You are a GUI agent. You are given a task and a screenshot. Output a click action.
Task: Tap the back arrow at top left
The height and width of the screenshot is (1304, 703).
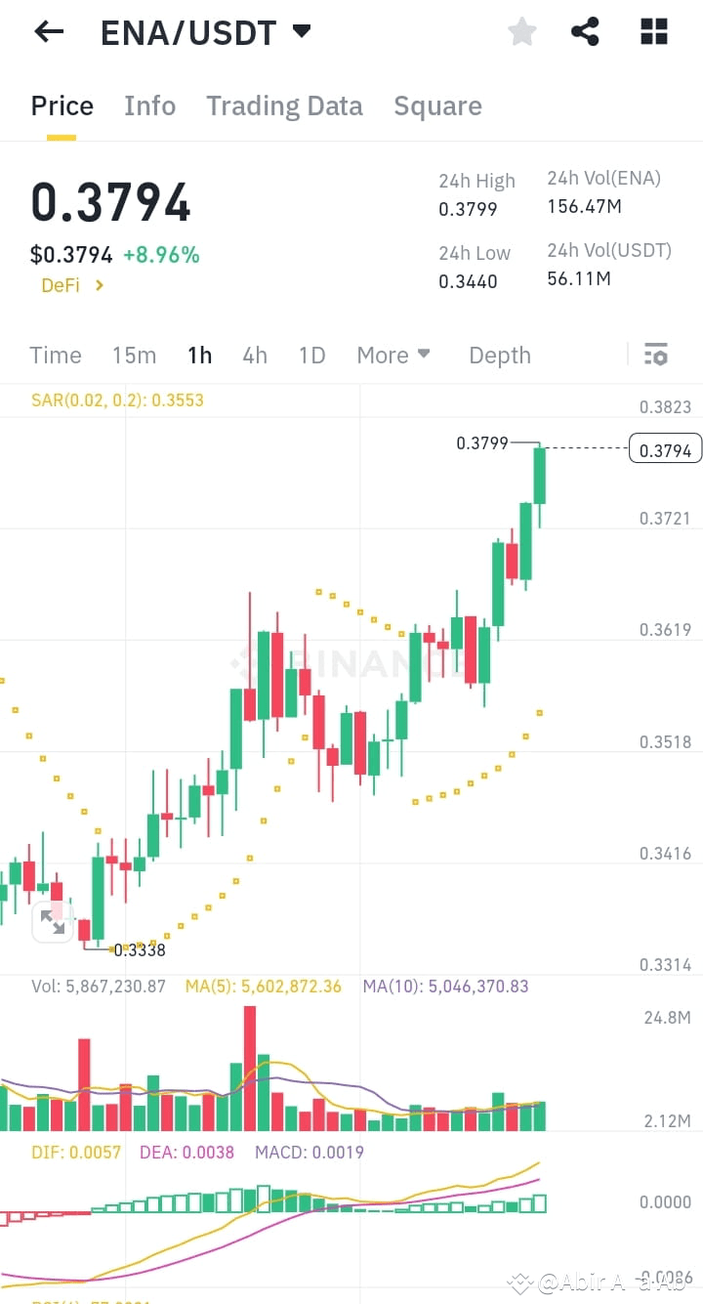point(48,32)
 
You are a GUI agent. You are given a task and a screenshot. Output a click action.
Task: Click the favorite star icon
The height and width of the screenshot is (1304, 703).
point(522,32)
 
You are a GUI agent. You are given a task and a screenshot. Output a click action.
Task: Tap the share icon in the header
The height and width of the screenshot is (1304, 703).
point(585,32)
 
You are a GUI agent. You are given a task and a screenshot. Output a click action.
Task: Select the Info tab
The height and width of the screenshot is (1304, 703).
point(149,105)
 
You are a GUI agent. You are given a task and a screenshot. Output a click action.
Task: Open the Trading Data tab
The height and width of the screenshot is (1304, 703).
point(284,105)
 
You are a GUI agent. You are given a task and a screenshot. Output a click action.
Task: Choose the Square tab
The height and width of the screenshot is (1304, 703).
point(437,105)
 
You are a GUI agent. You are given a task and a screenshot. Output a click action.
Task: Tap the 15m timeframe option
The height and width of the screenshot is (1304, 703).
point(134,356)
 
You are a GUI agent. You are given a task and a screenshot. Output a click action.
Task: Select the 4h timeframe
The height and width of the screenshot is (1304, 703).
point(255,356)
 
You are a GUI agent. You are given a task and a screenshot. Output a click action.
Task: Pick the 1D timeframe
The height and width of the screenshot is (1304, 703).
point(311,356)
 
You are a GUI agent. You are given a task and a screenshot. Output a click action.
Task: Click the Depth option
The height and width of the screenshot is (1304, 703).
point(500,356)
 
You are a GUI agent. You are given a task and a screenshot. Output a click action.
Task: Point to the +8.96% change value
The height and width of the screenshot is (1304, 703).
point(161,256)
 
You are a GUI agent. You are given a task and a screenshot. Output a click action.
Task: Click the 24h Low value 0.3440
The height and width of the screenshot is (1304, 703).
point(468,281)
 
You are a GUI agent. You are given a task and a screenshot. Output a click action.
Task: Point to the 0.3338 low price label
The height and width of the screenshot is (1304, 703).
point(140,949)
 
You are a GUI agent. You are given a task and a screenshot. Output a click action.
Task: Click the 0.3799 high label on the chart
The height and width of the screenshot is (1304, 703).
point(482,443)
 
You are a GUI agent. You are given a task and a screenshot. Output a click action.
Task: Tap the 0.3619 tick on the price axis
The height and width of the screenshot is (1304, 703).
point(665,630)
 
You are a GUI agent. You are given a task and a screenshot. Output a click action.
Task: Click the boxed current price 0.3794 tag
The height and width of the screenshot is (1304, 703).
point(666,449)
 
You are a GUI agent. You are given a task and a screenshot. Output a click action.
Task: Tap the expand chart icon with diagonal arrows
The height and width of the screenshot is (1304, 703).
point(53,922)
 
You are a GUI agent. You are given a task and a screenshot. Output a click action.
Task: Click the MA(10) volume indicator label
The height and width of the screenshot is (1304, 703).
point(445,987)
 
